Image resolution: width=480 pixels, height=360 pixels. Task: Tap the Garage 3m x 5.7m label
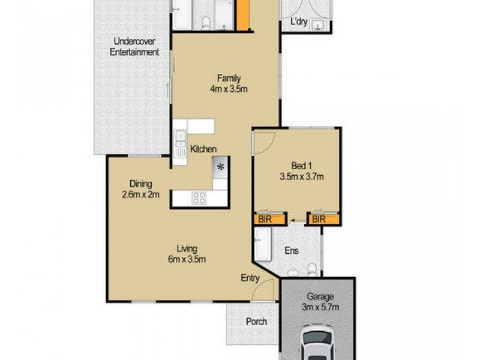point(320,302)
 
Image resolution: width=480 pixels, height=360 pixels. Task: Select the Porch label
point(256,322)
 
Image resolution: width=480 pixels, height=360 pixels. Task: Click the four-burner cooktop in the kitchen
point(199,197)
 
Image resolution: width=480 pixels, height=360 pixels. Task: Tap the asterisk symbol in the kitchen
point(220,167)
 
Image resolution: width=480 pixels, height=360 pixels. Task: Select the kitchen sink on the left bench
point(179,139)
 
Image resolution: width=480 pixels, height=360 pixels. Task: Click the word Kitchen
point(203,149)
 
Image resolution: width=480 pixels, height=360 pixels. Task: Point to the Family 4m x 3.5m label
point(229,83)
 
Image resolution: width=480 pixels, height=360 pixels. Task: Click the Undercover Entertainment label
point(134,47)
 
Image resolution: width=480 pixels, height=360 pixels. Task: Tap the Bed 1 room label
point(301,172)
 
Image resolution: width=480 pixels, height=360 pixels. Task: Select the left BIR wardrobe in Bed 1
point(264,220)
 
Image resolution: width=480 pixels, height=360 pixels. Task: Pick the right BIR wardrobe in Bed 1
point(318,220)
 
